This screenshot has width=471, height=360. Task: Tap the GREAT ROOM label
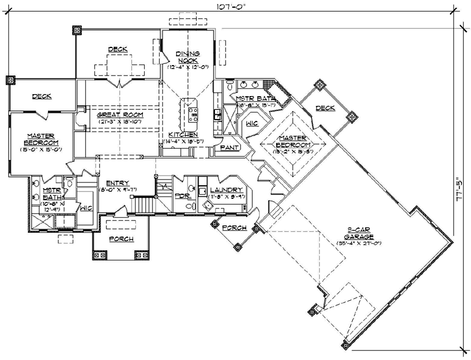point(120,114)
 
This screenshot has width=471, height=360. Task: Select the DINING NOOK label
point(188,57)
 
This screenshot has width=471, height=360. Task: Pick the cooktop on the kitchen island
point(192,116)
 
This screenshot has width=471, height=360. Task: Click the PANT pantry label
point(228,148)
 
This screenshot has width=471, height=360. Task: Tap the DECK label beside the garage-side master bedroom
point(327,109)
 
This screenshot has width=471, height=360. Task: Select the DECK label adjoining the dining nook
point(118,49)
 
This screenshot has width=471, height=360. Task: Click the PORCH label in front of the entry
point(121,239)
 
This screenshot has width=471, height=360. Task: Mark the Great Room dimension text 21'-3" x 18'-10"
point(120,122)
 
